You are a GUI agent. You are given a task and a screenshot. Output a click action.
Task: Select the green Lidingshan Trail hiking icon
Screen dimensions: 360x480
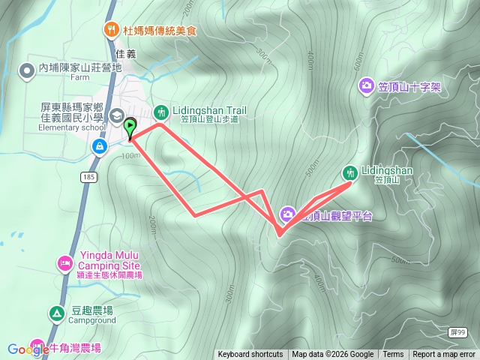click(161, 112)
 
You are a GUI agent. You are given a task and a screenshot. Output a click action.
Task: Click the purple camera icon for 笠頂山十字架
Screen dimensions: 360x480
click(366, 86)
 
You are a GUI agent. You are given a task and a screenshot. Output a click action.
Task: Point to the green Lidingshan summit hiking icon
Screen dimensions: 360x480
click(349, 172)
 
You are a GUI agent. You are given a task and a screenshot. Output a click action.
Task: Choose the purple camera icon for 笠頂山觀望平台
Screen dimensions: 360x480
click(287, 214)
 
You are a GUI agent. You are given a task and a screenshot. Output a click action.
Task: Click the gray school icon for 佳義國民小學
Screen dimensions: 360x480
click(117, 115)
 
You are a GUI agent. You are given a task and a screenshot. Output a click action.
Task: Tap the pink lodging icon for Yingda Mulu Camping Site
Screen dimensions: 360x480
click(64, 264)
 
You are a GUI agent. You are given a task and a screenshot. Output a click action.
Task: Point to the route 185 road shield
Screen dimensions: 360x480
click(89, 176)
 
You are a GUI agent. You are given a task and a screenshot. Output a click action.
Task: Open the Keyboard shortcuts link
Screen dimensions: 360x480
click(250, 355)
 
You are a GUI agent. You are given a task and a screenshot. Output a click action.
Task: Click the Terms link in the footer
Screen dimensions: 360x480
click(393, 355)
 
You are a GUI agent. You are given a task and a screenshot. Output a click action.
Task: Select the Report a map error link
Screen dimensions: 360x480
click(444, 355)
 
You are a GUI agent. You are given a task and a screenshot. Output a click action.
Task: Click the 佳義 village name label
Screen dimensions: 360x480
click(127, 53)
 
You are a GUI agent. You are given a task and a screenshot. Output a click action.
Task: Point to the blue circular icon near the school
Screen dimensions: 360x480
click(98, 147)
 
